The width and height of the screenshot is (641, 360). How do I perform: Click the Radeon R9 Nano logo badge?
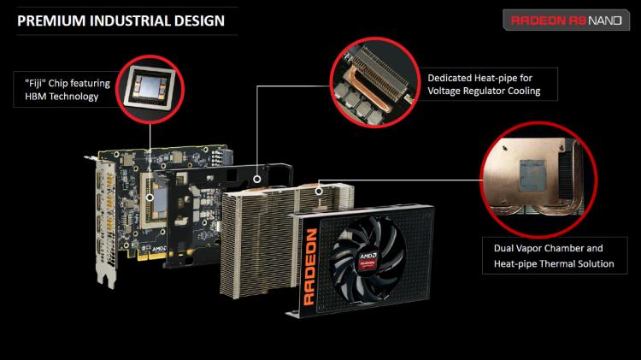coord(566,20)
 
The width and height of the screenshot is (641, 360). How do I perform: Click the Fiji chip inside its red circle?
coord(150,87)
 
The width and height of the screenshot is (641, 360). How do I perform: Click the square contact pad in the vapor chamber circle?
coord(533,175)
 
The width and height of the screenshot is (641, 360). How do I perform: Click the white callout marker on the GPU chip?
coord(150,198)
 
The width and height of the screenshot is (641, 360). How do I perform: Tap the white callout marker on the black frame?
coord(256,180)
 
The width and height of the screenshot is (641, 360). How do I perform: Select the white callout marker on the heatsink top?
coord(319,191)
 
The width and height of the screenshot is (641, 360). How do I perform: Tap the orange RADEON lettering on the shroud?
coord(310,267)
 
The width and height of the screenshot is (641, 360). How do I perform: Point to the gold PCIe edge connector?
coord(152,257)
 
